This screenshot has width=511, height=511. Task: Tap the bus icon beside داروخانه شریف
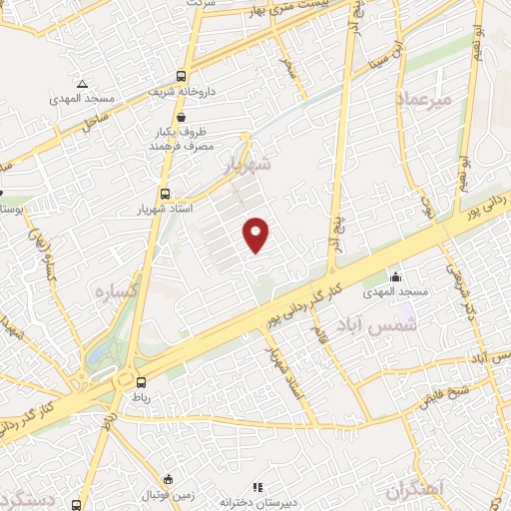tap(181, 76)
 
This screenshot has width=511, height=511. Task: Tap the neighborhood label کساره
tap(115, 289)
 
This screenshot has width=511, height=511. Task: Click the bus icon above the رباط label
tap(141, 381)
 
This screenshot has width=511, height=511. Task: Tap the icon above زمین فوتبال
tap(169, 478)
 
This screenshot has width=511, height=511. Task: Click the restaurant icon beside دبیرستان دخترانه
tap(257, 488)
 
